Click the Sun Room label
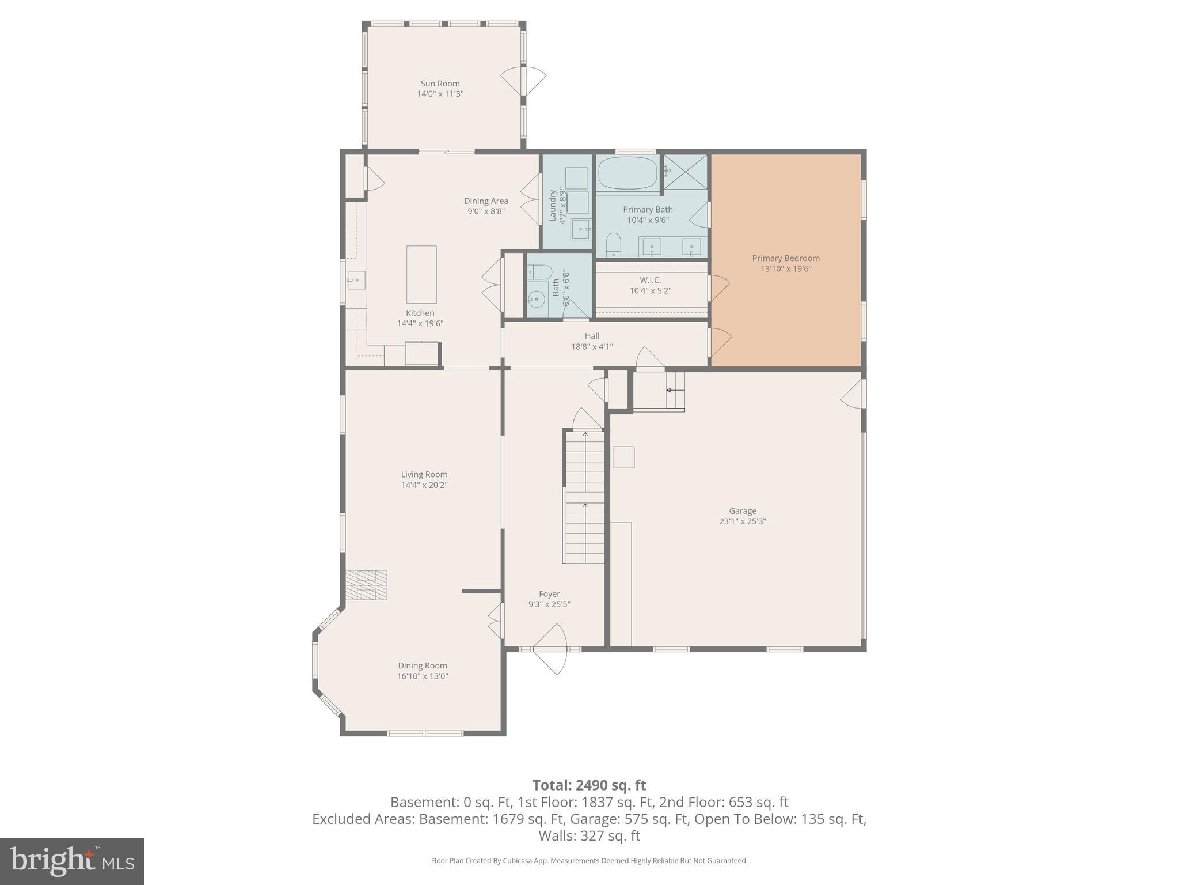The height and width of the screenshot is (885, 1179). (x=440, y=84)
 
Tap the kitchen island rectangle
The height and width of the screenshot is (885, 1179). (x=421, y=274)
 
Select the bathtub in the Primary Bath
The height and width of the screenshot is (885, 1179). (x=627, y=173)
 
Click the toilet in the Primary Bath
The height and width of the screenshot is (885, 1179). (x=614, y=244)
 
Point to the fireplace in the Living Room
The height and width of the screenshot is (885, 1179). (x=367, y=585)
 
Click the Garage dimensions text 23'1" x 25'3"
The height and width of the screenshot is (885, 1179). (x=743, y=521)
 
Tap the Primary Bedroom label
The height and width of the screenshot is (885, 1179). (x=786, y=258)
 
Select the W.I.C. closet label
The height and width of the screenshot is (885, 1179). (x=650, y=280)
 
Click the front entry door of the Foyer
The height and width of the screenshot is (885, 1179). (x=550, y=649)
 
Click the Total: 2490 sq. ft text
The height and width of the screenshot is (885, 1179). (x=589, y=785)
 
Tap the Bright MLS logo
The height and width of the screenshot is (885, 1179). (x=72, y=861)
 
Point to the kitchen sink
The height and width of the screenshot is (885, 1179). (x=356, y=281)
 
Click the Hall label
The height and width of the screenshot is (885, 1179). (x=592, y=336)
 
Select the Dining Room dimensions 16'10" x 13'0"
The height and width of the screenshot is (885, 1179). (x=423, y=676)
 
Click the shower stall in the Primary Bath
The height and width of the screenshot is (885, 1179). (x=686, y=171)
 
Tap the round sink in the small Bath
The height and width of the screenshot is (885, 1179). (x=537, y=300)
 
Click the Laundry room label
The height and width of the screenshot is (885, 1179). (x=553, y=206)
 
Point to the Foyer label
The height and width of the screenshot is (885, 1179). (x=549, y=594)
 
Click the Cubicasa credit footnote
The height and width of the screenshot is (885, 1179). (x=589, y=861)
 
